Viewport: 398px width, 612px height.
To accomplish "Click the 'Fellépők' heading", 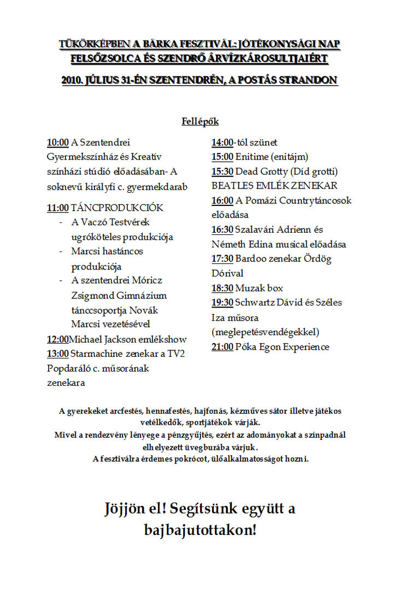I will (200, 121).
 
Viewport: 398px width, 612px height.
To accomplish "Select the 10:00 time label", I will (58, 143).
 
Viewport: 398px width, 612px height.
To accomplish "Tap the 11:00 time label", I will (58, 208).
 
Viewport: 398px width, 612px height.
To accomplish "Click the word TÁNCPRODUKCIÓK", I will (117, 208).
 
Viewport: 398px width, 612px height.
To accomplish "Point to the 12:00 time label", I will (58, 339).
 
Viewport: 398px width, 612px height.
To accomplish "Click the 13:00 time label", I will (58, 354).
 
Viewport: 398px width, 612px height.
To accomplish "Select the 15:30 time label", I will (223, 171).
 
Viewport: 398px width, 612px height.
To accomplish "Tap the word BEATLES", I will (230, 186).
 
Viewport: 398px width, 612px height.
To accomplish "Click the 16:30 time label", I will (223, 229).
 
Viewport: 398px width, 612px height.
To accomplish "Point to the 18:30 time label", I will (223, 288).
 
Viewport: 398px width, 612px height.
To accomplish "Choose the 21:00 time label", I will (223, 346).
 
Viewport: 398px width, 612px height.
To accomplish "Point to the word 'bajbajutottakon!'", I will (200, 529).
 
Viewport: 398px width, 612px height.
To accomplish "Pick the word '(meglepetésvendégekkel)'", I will (265, 332).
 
